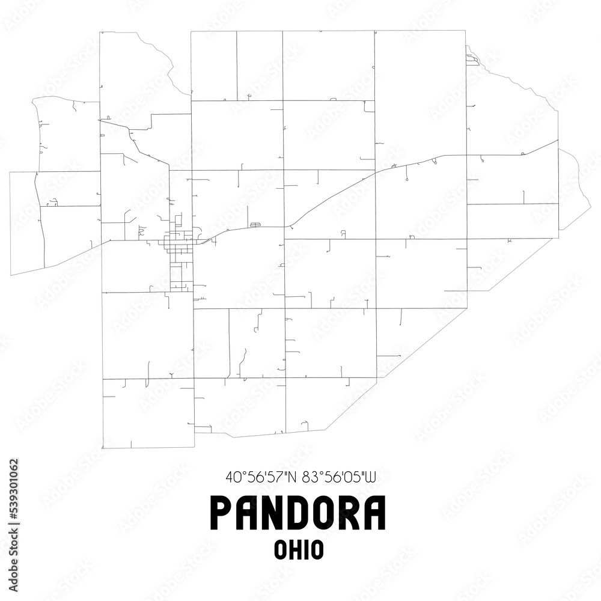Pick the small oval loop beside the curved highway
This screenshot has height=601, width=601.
click(x=255, y=224)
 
